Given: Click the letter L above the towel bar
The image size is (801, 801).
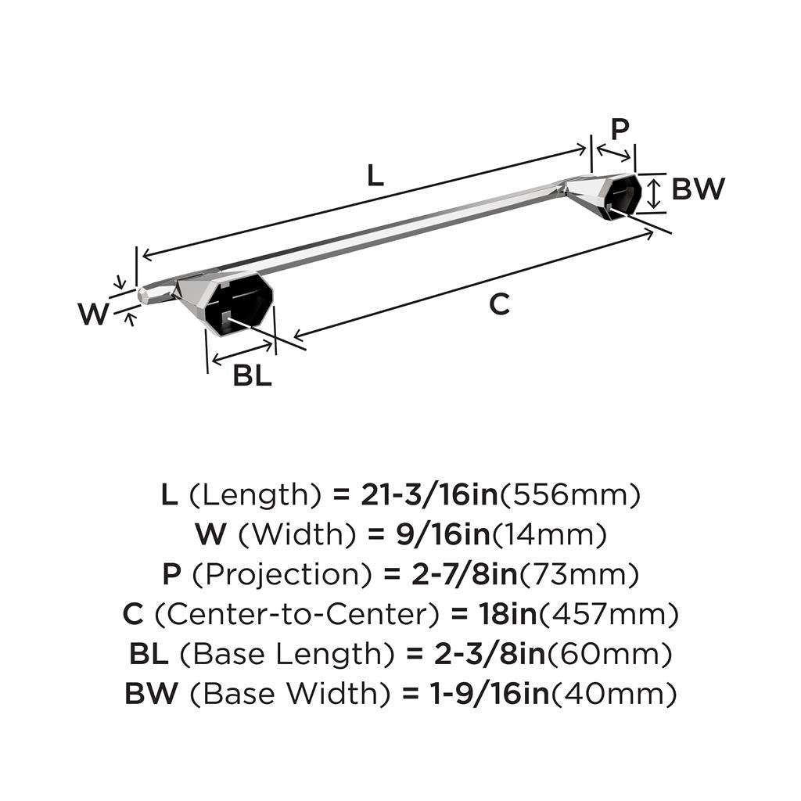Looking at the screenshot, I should [375, 175].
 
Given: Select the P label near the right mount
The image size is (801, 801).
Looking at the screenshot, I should [620, 129].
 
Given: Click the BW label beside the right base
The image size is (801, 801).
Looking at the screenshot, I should [699, 189].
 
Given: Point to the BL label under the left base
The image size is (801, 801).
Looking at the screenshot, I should [252, 376].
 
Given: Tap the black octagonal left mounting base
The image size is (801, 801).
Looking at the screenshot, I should [239, 298].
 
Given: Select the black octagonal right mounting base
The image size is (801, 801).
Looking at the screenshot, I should [623, 194].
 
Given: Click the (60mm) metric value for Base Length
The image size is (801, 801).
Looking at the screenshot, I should [609, 655].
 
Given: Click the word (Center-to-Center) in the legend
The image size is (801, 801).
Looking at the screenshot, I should [297, 615].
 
